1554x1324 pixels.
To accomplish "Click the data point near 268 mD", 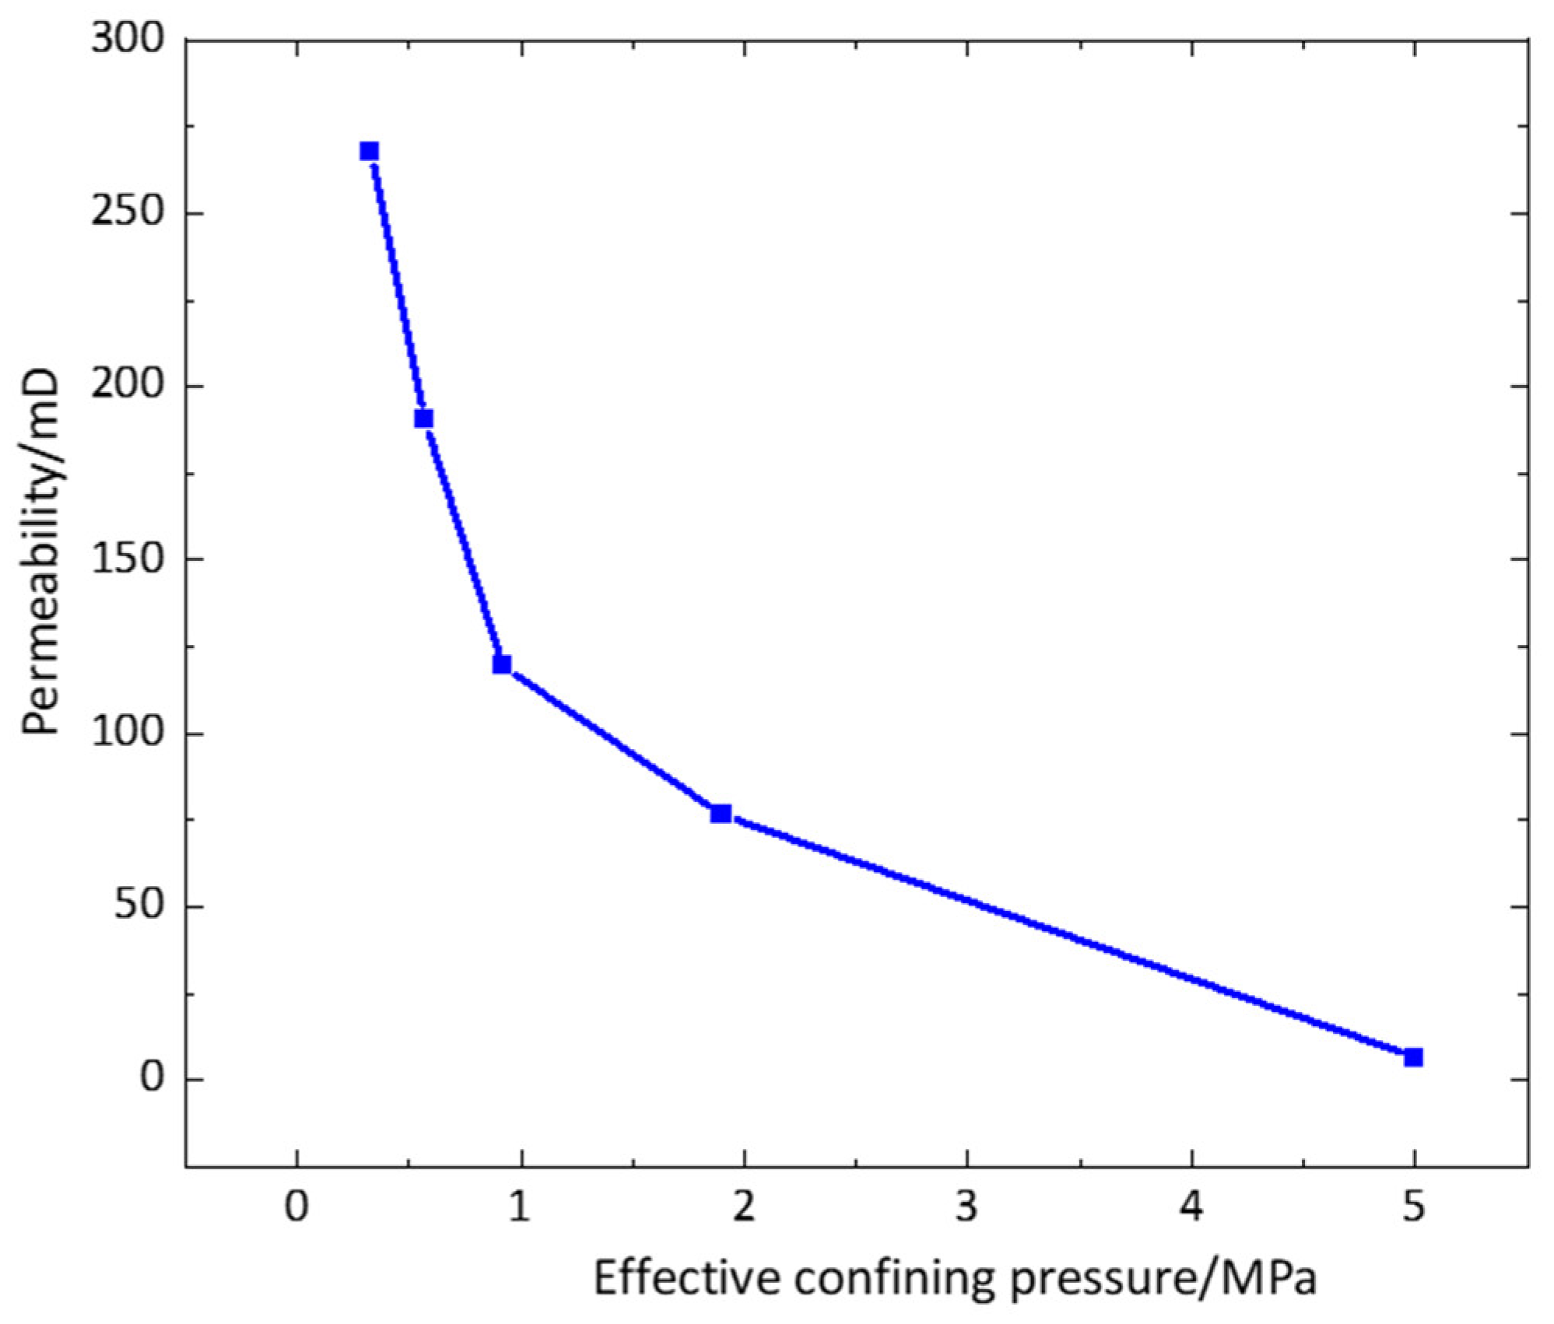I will (369, 151).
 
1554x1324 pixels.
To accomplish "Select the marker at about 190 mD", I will (423, 419).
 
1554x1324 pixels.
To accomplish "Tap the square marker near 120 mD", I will (502, 664).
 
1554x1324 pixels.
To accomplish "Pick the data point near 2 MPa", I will (721, 814).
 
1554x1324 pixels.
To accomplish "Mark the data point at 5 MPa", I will (1414, 1057).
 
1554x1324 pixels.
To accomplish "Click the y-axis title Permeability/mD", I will (40, 552).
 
